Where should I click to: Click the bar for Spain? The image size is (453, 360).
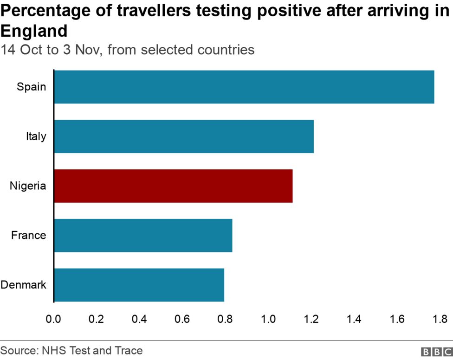(x=244, y=87)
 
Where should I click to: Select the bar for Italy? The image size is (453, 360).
(x=184, y=136)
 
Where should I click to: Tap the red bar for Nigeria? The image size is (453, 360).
(x=173, y=186)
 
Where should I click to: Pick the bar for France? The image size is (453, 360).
(x=143, y=235)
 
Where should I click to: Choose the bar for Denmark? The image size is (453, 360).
(x=139, y=285)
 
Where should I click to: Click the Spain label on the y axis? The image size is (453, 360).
(x=32, y=87)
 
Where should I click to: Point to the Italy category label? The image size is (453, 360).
(x=36, y=136)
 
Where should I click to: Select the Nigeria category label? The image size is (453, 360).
(x=28, y=186)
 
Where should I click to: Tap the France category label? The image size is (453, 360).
(x=29, y=235)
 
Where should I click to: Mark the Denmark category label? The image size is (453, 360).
(x=24, y=285)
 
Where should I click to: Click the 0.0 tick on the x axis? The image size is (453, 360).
(x=54, y=319)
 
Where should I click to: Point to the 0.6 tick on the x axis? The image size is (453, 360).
(x=182, y=319)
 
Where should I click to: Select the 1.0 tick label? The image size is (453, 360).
(x=268, y=319)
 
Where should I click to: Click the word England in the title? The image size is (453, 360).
(x=34, y=31)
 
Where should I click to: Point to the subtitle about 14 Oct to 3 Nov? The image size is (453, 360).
(x=128, y=50)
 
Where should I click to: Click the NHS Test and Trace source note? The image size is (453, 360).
(x=71, y=350)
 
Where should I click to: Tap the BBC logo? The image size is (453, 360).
(x=436, y=352)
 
